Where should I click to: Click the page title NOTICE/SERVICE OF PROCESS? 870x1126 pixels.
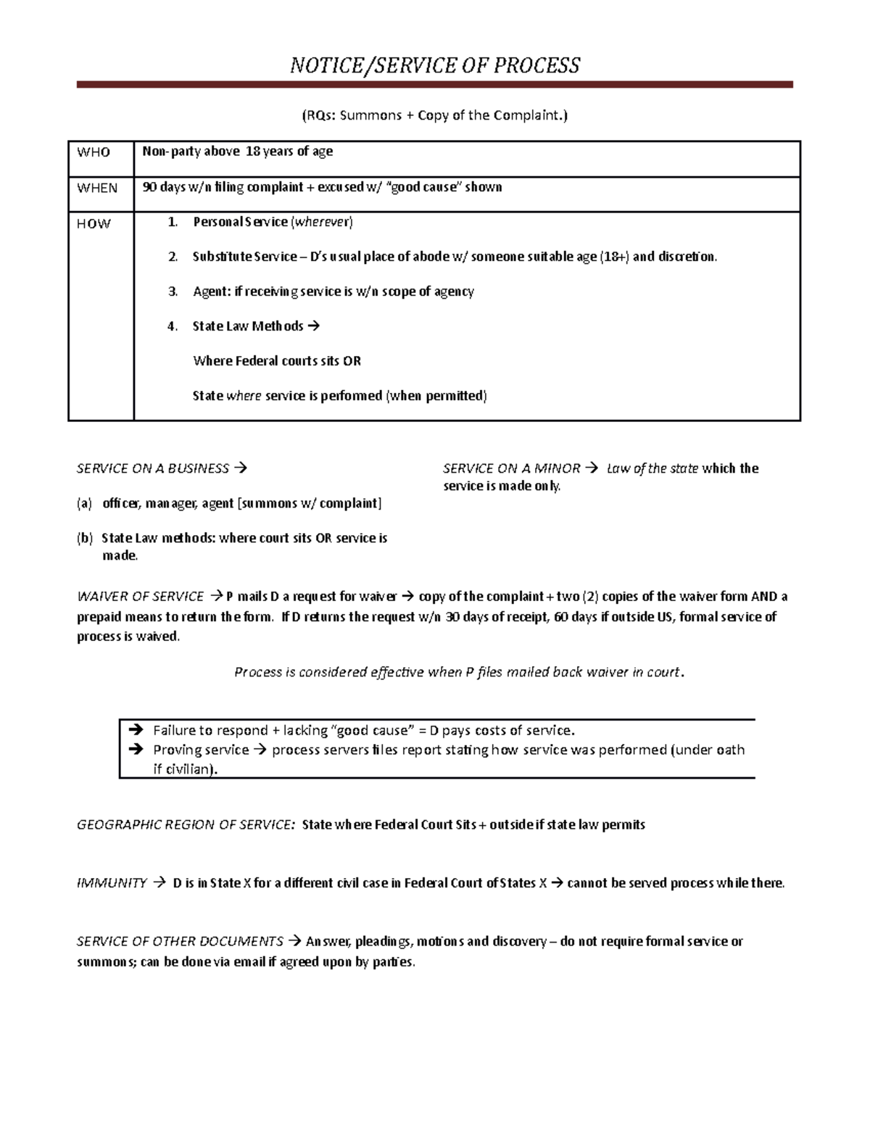(x=434, y=66)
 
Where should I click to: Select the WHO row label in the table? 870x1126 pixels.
(x=94, y=152)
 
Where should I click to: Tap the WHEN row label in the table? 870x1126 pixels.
(x=97, y=188)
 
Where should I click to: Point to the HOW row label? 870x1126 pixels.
(x=94, y=224)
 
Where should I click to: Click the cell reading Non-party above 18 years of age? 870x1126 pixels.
(x=238, y=152)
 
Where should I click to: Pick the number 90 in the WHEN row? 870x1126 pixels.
(x=149, y=187)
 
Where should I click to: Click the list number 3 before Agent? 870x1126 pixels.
(x=172, y=291)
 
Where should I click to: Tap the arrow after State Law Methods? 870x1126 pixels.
(x=313, y=326)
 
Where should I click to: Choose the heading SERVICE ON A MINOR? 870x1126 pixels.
(x=511, y=468)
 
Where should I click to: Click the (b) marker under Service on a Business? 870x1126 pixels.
(x=85, y=538)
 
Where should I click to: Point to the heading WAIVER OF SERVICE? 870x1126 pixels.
(x=140, y=597)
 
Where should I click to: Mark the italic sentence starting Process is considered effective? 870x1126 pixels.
(x=458, y=672)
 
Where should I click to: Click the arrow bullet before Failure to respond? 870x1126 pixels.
(x=135, y=730)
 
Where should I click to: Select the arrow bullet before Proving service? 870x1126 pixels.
(x=135, y=750)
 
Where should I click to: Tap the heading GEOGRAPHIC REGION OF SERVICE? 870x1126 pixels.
(x=186, y=824)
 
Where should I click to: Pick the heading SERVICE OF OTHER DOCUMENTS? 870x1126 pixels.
(x=180, y=941)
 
